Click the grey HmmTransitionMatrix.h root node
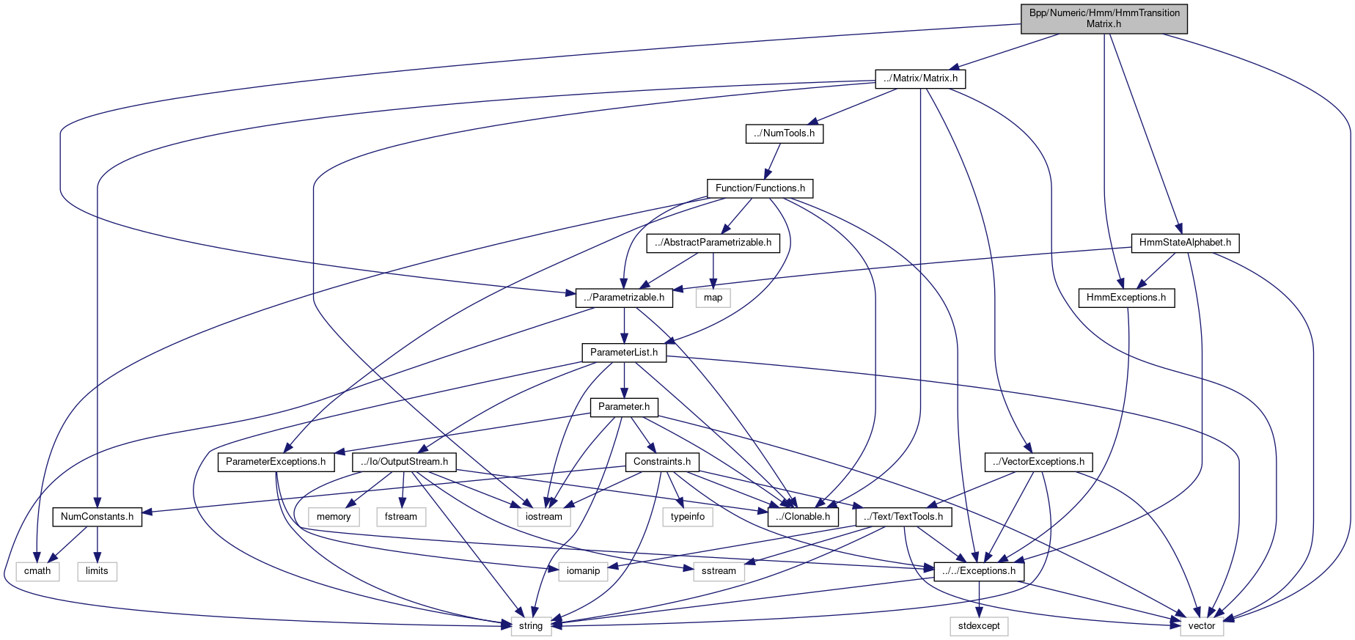point(1104,18)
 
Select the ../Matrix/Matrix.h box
point(920,78)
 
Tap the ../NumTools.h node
point(784,133)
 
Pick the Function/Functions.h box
point(760,188)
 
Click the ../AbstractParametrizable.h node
point(713,243)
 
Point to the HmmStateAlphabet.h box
point(1185,243)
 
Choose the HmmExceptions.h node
point(1126,298)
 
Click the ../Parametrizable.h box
point(624,298)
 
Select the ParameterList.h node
point(624,353)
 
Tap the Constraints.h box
point(662,462)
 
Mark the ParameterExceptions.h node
point(276,462)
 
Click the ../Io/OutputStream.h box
point(404,462)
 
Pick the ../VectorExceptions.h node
point(1038,462)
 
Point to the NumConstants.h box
point(97,517)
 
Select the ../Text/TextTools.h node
point(903,517)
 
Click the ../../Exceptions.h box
point(979,571)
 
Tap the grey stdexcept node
point(979,626)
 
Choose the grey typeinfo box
point(688,517)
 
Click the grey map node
point(713,298)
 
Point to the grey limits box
point(97,571)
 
